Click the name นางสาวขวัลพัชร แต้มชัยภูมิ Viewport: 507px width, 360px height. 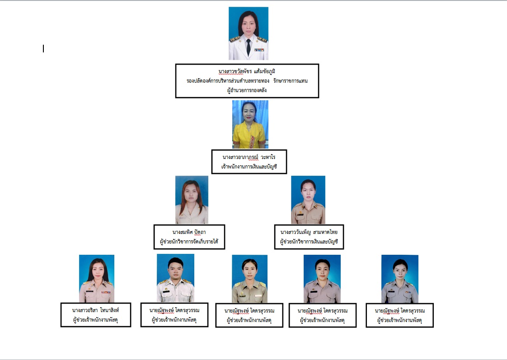[247, 71]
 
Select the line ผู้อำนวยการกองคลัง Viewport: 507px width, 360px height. [247, 90]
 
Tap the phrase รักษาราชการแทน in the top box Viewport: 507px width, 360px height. [291, 81]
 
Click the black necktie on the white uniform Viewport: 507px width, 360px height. [249, 47]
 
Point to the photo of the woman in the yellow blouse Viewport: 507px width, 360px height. [250, 124]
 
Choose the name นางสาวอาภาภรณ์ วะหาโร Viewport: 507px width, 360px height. [249, 157]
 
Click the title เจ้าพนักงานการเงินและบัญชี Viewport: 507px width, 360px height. [249, 167]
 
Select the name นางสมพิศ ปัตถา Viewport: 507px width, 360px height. [189, 232]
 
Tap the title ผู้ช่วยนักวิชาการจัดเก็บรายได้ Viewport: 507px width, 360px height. [189, 241]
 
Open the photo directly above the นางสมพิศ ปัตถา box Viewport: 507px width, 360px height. [192, 200]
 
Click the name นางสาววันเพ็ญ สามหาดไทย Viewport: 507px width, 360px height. [309, 232]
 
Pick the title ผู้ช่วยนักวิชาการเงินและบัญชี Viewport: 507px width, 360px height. [309, 241]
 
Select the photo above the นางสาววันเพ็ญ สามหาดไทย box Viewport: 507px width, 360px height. [308, 200]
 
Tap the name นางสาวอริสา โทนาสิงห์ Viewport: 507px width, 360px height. [96, 310]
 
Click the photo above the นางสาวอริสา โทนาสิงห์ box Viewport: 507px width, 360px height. [97, 279]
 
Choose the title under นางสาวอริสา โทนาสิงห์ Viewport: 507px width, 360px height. [96, 320]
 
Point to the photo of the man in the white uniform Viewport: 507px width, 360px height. [176, 278]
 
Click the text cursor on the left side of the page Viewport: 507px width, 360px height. [43, 48]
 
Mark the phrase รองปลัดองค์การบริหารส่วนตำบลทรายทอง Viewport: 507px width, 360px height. [228, 81]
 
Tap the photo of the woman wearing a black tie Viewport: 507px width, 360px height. [249, 33]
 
